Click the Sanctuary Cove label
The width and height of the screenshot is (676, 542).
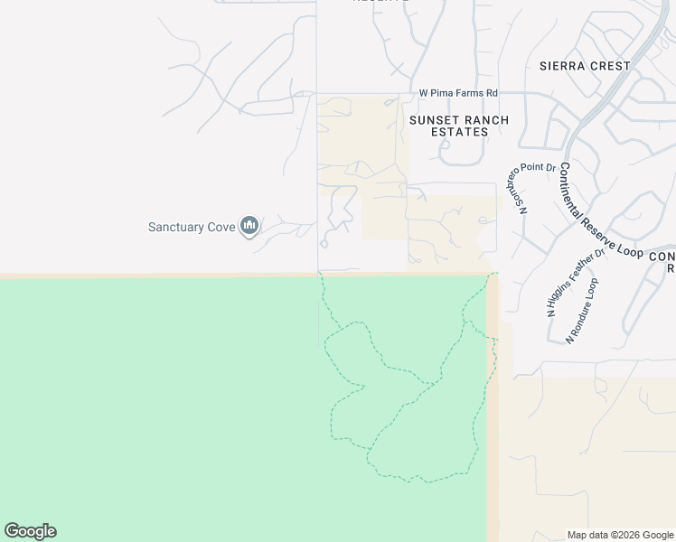coord(192,227)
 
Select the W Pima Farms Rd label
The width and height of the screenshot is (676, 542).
coord(458,93)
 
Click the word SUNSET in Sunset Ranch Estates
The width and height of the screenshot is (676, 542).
coord(435,120)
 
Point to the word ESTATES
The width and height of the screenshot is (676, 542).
coord(460,132)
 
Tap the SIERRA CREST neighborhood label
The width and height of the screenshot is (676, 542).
coord(584,66)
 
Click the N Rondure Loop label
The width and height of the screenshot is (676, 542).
coord(582,311)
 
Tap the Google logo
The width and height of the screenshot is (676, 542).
coord(30,531)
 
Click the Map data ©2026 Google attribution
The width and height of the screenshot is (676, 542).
coord(619,535)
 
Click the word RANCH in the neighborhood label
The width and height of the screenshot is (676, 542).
coord(485,120)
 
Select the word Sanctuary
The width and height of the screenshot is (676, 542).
coord(176,227)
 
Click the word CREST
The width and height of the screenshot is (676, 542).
coord(610,66)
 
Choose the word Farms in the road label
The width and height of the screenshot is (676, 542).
coord(467,93)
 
